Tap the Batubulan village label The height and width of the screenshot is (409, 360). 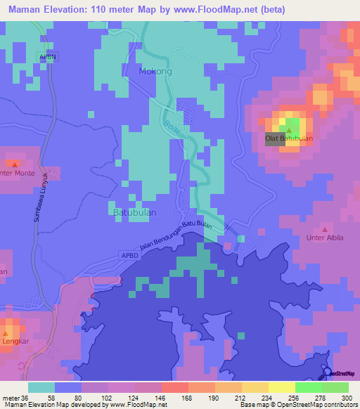pos(134,211)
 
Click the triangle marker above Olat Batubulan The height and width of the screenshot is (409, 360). pos(288,130)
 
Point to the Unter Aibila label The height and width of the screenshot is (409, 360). pos(324,238)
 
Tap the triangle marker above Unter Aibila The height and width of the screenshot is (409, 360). pos(324,229)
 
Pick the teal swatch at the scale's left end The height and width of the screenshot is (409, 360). pos(41,387)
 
